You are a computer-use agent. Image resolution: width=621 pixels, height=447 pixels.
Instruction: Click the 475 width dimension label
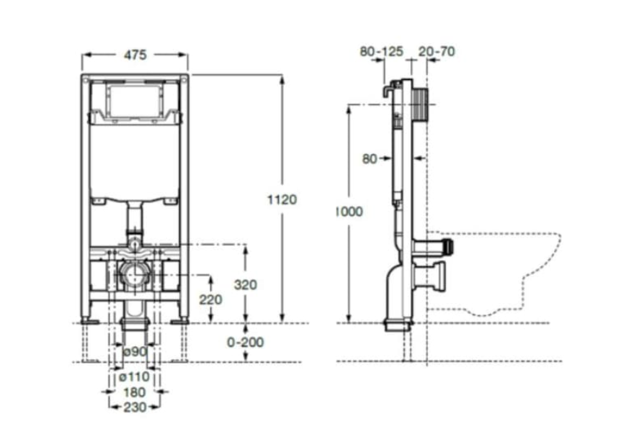click(x=135, y=54)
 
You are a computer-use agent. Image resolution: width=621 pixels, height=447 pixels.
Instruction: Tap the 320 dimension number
click(x=245, y=284)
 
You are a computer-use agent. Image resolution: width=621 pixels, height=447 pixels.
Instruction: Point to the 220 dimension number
click(x=210, y=299)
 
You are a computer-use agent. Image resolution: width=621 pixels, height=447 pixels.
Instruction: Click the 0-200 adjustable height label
click(x=245, y=343)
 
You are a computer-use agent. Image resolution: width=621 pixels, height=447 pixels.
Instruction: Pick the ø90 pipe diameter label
click(x=135, y=351)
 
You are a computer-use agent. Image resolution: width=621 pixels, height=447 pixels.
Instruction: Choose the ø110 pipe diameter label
click(x=135, y=376)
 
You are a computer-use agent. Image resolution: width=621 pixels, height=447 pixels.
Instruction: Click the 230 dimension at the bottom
click(x=135, y=407)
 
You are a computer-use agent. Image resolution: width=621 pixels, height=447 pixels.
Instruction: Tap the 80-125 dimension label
click(x=380, y=51)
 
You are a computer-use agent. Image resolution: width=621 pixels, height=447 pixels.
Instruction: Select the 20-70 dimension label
click(x=436, y=51)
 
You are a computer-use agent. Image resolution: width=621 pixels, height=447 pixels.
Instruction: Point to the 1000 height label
click(x=349, y=212)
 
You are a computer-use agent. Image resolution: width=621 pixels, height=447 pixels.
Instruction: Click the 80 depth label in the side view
click(x=370, y=159)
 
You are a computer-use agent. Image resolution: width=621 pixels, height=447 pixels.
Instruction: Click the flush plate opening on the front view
click(x=134, y=103)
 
